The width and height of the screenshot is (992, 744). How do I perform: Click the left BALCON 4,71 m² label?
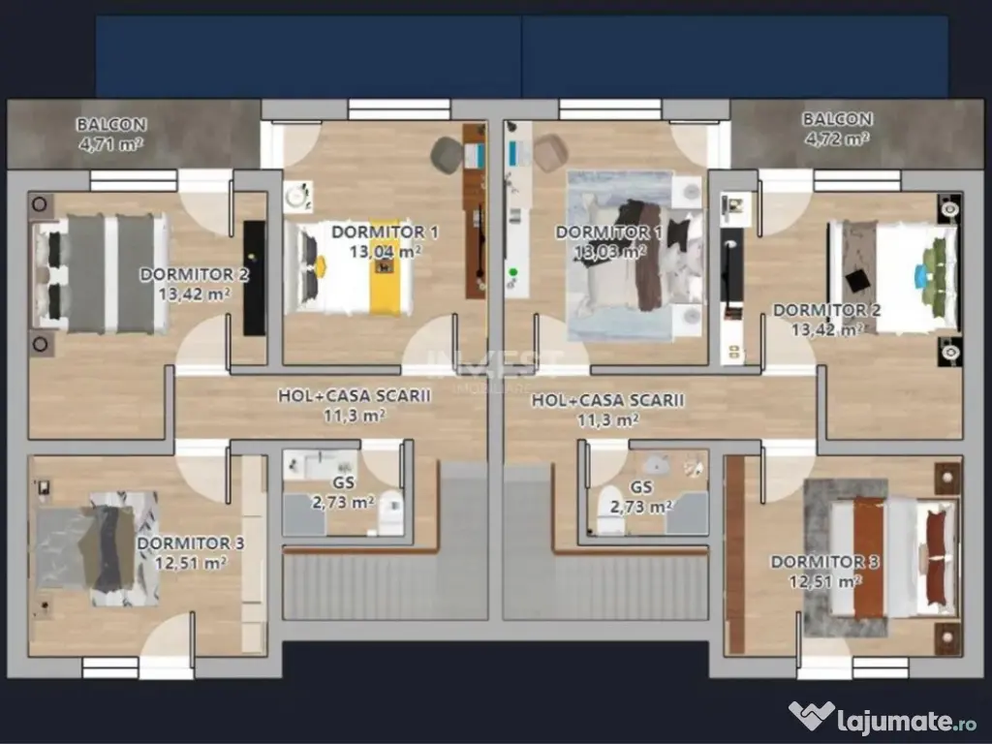pos(111,134)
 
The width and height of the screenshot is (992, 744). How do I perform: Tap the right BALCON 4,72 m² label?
pos(837,129)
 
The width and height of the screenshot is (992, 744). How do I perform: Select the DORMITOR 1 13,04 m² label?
pos(385,241)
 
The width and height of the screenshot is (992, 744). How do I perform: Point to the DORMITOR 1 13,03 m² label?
pos(608,241)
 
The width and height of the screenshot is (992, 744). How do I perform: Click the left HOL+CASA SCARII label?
pos(355,395)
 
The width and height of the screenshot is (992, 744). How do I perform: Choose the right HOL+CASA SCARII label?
pos(607,400)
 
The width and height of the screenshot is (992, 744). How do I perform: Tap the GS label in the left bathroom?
pos(344,482)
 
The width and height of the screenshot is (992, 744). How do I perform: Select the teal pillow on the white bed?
pos(921,276)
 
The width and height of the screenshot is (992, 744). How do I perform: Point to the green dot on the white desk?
pos(513,272)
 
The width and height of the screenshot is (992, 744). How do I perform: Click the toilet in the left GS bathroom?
pos(391,511)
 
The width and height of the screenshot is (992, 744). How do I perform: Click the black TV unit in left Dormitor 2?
pos(255,278)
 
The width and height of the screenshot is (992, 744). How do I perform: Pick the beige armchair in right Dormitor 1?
pos(549,153)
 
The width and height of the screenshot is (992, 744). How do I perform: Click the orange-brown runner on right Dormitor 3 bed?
pos(868,557)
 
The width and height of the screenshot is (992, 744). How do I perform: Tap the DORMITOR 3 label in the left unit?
pos(191,542)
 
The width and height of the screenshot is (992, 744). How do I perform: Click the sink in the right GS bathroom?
pos(656,465)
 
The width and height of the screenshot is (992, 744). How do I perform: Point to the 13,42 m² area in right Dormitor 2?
pos(827,329)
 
